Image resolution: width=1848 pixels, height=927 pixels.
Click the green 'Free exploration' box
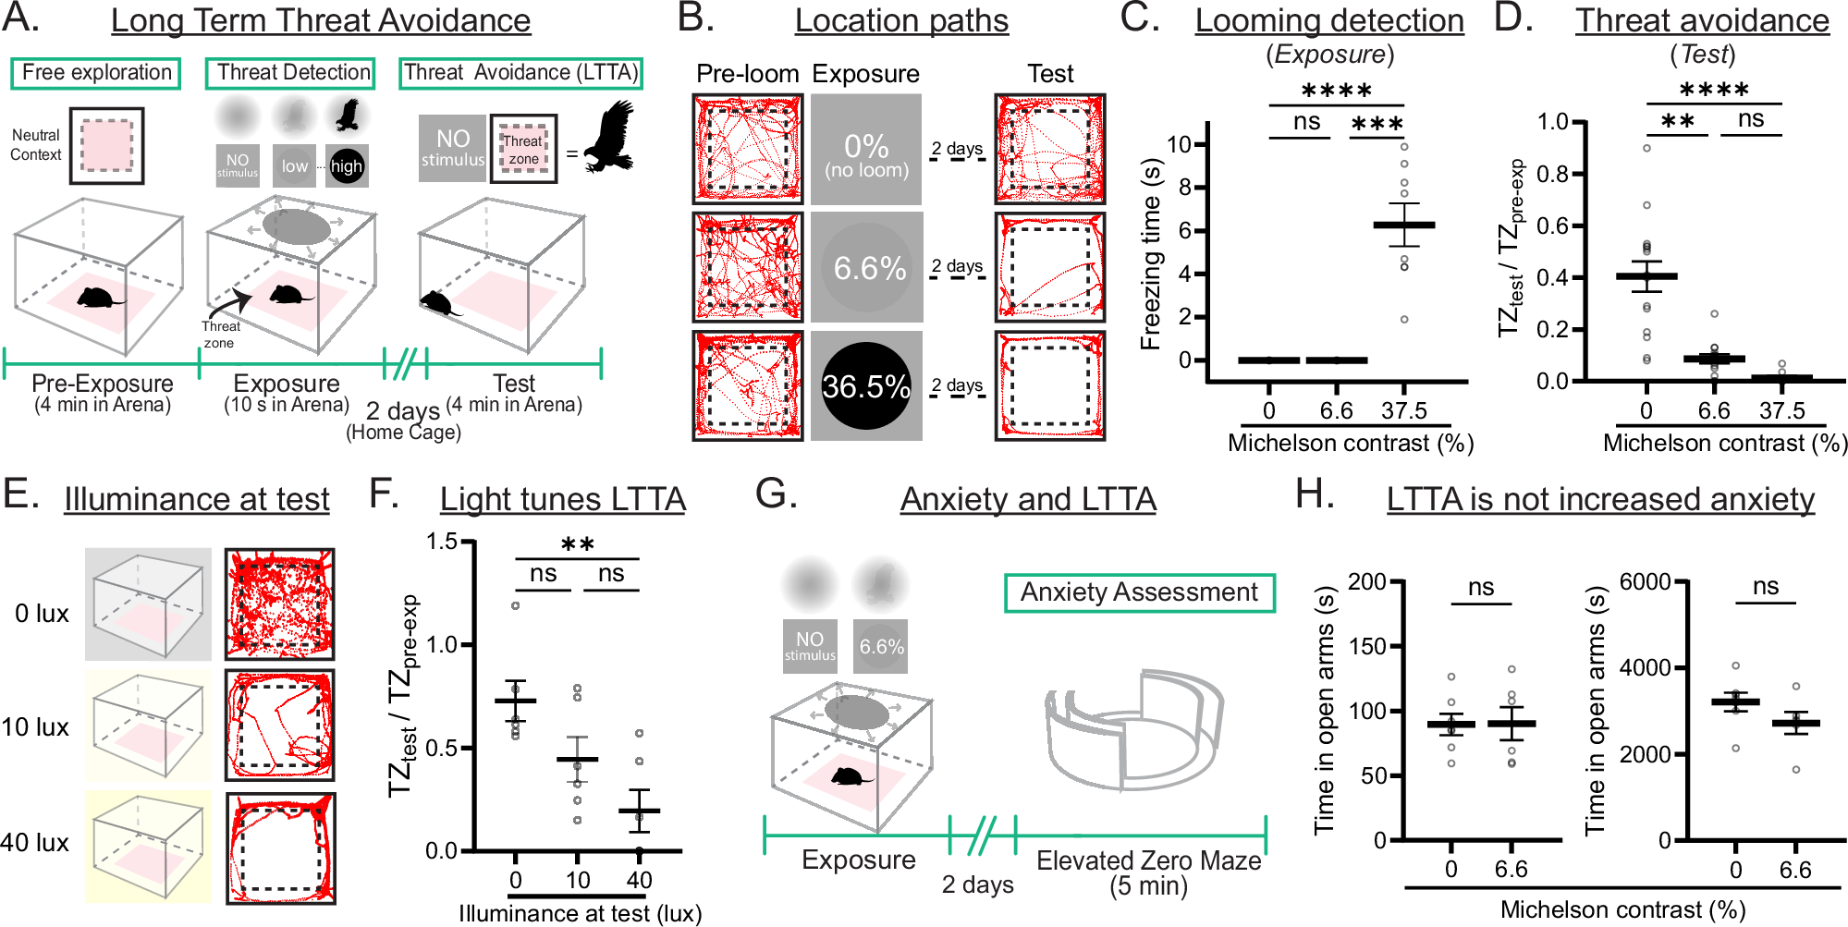(96, 73)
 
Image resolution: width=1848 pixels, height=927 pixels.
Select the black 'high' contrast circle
(347, 166)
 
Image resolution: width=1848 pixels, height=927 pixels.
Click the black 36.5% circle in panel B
(866, 386)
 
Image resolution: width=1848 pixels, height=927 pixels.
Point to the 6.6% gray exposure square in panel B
(867, 268)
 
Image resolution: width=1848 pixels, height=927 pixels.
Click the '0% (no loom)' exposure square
(866, 150)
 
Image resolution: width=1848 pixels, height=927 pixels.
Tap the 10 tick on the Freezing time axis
(1179, 144)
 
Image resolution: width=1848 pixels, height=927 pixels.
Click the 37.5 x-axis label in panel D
(1781, 410)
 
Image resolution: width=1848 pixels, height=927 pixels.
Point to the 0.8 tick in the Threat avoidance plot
(1553, 174)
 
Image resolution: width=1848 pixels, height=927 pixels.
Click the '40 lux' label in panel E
(35, 843)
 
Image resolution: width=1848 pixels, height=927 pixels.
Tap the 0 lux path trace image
(279, 604)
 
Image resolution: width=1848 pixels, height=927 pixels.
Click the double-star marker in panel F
(577, 544)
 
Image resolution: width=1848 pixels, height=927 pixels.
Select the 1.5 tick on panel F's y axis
(442, 542)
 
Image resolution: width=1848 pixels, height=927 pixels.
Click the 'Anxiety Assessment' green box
(1139, 592)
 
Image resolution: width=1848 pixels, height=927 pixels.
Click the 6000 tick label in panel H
(1645, 582)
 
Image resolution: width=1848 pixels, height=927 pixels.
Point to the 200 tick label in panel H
(1366, 582)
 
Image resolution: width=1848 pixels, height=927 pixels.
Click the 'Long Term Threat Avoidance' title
(321, 20)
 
